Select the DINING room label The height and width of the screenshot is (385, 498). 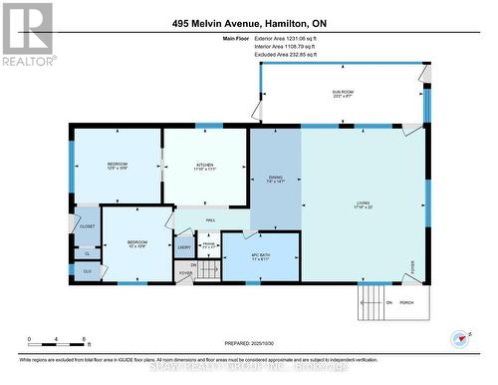(275, 180)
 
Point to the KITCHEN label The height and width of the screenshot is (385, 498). (204, 166)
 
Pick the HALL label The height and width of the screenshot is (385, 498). (210, 219)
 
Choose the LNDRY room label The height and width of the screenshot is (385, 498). (184, 246)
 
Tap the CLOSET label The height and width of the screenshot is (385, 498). (88, 227)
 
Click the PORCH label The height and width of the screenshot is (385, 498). (406, 303)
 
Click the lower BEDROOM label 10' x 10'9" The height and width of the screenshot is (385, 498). (136, 245)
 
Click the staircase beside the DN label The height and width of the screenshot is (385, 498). (209, 270)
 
